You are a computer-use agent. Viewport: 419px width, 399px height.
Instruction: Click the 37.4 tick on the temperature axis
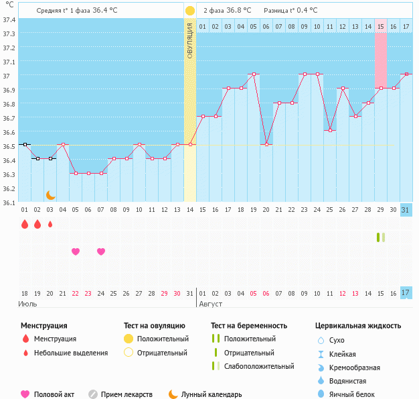(x=9, y=19)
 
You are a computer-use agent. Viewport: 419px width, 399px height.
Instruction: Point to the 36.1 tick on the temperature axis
(x=9, y=202)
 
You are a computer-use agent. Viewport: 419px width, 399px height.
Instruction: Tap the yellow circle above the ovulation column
(x=190, y=11)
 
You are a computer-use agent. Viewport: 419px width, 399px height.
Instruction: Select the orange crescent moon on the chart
(x=50, y=194)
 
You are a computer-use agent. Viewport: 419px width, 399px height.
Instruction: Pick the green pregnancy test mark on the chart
(x=380, y=237)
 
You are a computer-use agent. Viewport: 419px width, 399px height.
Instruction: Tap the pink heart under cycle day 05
(x=76, y=251)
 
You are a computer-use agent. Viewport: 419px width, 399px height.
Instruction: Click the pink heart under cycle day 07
(x=101, y=251)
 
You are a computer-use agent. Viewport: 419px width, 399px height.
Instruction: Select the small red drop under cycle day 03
(x=50, y=225)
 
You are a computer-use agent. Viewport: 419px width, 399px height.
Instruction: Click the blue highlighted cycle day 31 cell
(x=406, y=210)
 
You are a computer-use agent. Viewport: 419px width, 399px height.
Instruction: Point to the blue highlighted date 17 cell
(x=406, y=292)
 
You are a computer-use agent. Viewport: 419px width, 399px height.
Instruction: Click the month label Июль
(x=27, y=304)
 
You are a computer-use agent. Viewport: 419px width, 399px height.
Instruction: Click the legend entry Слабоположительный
(x=260, y=366)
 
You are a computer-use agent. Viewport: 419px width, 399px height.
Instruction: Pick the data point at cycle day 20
(x=266, y=144)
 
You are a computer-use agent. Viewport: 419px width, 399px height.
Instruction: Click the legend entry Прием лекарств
(x=127, y=394)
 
